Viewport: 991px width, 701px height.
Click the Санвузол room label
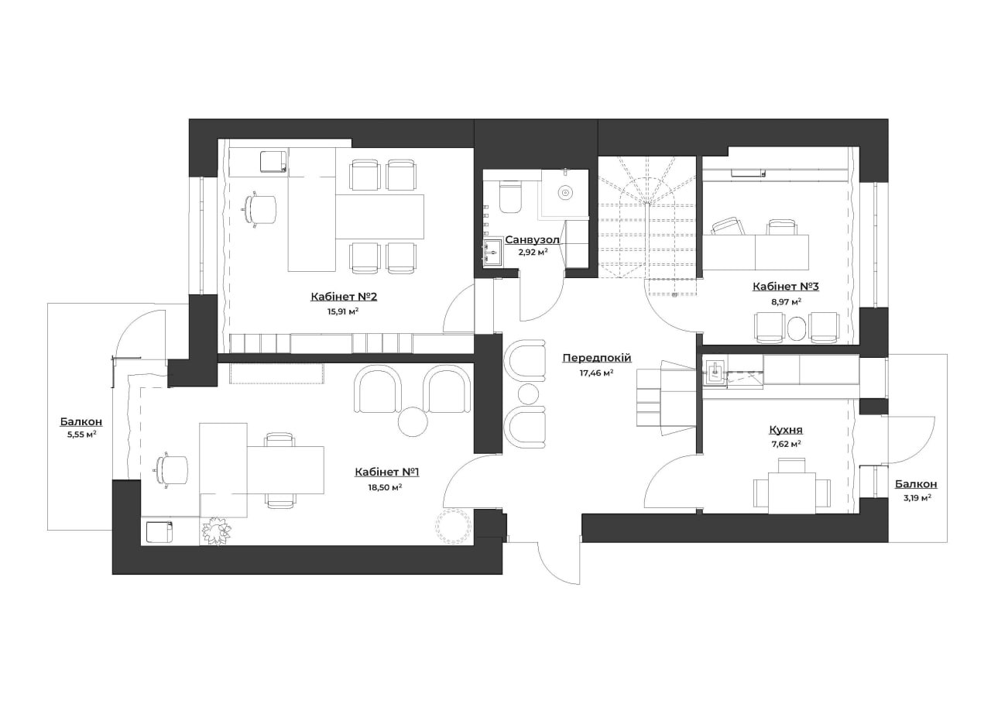coord(532,240)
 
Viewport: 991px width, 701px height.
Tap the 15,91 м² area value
coord(343,311)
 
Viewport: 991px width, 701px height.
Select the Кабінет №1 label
coord(386,472)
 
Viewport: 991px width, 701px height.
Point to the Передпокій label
coord(597,358)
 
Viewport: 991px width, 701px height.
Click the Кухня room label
coord(786,429)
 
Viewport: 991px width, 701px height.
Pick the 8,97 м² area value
coord(786,301)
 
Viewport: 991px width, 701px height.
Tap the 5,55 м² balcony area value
coord(81,435)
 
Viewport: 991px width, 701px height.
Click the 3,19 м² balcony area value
coord(916,497)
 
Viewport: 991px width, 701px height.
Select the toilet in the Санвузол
coord(510,198)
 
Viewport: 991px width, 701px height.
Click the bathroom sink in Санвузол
coord(492,253)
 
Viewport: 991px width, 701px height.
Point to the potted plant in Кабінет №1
coord(216,531)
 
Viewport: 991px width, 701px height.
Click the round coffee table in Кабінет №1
coord(413,421)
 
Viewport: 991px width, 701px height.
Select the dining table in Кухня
coord(792,493)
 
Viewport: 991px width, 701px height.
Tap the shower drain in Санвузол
coord(564,193)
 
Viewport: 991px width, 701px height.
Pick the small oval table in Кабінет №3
coord(797,328)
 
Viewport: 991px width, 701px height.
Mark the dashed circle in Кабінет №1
coord(453,526)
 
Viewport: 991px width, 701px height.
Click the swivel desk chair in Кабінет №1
coord(172,470)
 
